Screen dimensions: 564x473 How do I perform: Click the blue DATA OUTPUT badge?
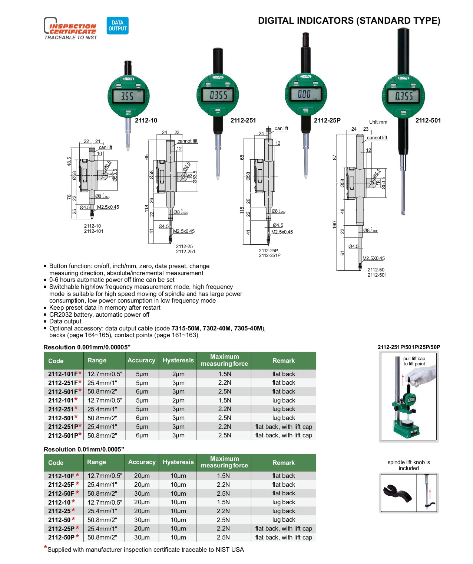118,26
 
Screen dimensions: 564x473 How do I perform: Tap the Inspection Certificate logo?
70,29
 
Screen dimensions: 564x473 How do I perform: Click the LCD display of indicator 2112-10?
128,96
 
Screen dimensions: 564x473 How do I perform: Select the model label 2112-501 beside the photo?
428,120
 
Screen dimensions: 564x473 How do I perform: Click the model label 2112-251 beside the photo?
243,120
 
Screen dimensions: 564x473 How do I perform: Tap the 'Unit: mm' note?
378,122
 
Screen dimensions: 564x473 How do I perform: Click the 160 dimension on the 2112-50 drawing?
334,225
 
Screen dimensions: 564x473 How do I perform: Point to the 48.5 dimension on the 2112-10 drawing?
69,161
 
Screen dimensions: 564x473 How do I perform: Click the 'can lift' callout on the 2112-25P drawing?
281,128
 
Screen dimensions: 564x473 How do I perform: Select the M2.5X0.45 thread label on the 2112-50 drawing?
373,258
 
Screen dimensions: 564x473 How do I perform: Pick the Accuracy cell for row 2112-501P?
142,436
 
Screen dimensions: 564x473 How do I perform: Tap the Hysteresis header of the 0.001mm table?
178,360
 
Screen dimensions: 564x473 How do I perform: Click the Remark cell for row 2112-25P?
284,528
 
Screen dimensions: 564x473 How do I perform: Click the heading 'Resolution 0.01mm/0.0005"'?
84,449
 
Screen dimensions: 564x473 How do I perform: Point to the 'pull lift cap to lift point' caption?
414,361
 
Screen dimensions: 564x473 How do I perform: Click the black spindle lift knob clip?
397,493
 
